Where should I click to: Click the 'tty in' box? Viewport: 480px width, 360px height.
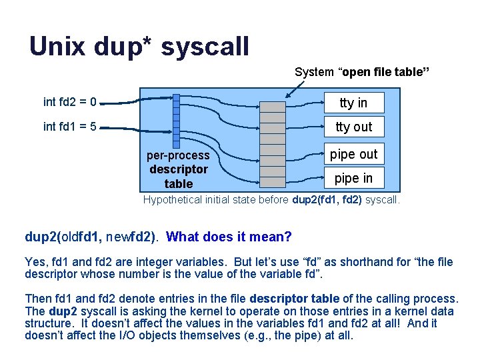(353, 103)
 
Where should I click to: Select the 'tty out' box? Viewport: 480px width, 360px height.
(353, 127)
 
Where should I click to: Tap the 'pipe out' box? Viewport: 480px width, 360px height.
(353, 154)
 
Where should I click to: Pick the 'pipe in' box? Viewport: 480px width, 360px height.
(353, 178)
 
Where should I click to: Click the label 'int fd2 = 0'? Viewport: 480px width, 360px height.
(70, 102)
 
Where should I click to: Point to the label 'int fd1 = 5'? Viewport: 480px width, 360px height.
(70, 126)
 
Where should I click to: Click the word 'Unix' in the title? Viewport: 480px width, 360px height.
(57, 46)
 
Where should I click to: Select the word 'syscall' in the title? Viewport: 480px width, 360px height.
(205, 46)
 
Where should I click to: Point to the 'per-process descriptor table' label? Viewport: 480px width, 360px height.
(178, 169)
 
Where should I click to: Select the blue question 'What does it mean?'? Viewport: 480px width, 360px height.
(229, 236)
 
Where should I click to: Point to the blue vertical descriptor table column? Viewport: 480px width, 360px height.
(176, 121)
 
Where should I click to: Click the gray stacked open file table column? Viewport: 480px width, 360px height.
(273, 144)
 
